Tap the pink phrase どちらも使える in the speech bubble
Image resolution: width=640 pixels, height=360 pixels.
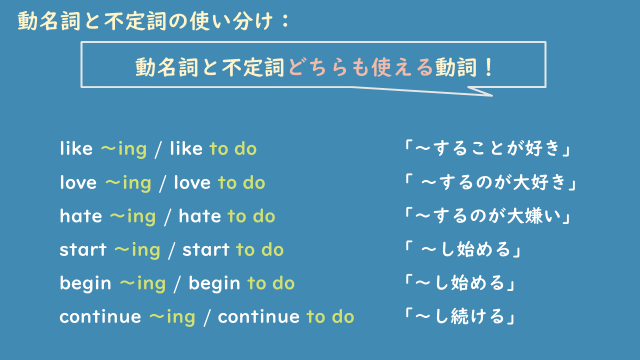pyautogui.click(x=351, y=69)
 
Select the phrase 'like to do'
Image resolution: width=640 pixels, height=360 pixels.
pyautogui.click(x=213, y=149)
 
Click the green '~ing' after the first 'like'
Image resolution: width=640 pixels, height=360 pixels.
pyautogui.click(x=124, y=149)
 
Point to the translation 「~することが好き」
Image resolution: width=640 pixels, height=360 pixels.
pyautogui.click(x=486, y=149)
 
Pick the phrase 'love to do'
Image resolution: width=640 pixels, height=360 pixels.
pyautogui.click(x=219, y=183)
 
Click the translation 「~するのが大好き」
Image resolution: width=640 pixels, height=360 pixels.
pyautogui.click(x=491, y=183)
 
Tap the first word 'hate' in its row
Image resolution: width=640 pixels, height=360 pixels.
pyautogui.click(x=81, y=216)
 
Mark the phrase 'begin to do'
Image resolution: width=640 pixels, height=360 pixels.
pyautogui.click(x=241, y=283)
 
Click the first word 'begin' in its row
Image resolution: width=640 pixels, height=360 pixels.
pyautogui.click(x=85, y=283)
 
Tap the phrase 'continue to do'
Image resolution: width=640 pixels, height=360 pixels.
pyautogui.click(x=286, y=317)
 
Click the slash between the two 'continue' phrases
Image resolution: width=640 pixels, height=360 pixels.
pyautogui.click(x=206, y=317)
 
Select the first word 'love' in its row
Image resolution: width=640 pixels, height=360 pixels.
pyautogui.click(x=79, y=183)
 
